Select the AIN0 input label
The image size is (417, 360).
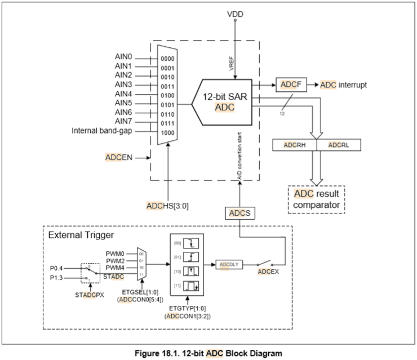(123, 57)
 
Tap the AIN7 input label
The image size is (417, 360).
(123, 121)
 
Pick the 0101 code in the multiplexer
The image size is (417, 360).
(168, 104)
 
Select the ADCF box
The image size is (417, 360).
(290, 85)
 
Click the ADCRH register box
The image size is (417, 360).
(294, 145)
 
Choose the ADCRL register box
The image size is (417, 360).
(339, 145)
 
